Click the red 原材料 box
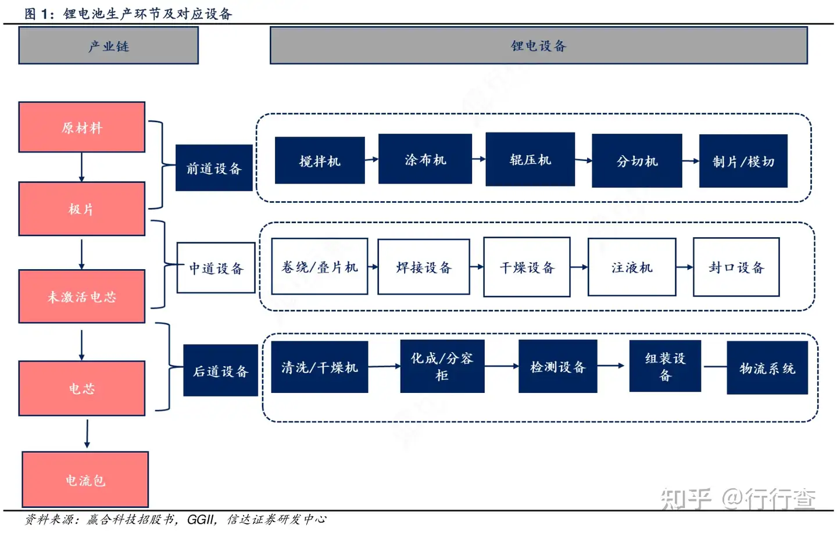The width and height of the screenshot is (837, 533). point(82,127)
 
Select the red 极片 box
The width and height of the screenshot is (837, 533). point(82,209)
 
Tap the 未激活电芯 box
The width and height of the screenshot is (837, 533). point(82,296)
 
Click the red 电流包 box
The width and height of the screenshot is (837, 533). point(85,480)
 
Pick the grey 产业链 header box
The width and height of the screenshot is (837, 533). point(109,45)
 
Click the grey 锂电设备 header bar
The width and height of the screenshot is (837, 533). point(538,45)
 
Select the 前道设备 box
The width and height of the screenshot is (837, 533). point(214,168)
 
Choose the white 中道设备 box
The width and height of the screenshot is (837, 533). point(216,268)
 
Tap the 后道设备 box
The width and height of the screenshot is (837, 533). point(220,371)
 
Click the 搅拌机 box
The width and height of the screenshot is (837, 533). point(320,160)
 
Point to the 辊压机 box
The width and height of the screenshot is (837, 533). point(530,159)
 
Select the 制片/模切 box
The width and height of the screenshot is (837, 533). point(743,161)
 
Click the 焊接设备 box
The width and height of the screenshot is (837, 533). point(424,267)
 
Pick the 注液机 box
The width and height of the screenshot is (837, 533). point(632,267)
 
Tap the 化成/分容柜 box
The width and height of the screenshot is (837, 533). point(442,366)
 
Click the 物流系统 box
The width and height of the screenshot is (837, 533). point(767,368)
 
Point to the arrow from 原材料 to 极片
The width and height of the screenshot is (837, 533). point(81,167)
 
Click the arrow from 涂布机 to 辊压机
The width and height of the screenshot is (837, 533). point(478,159)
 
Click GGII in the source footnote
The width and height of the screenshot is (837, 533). point(201,519)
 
